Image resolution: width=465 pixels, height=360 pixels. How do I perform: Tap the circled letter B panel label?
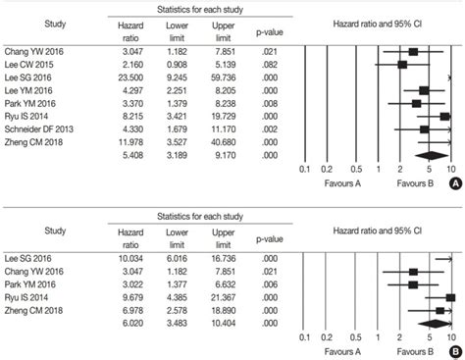(453, 348)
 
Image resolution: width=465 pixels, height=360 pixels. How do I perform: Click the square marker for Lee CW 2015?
(402, 64)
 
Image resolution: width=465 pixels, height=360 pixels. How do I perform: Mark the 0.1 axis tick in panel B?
(304, 336)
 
